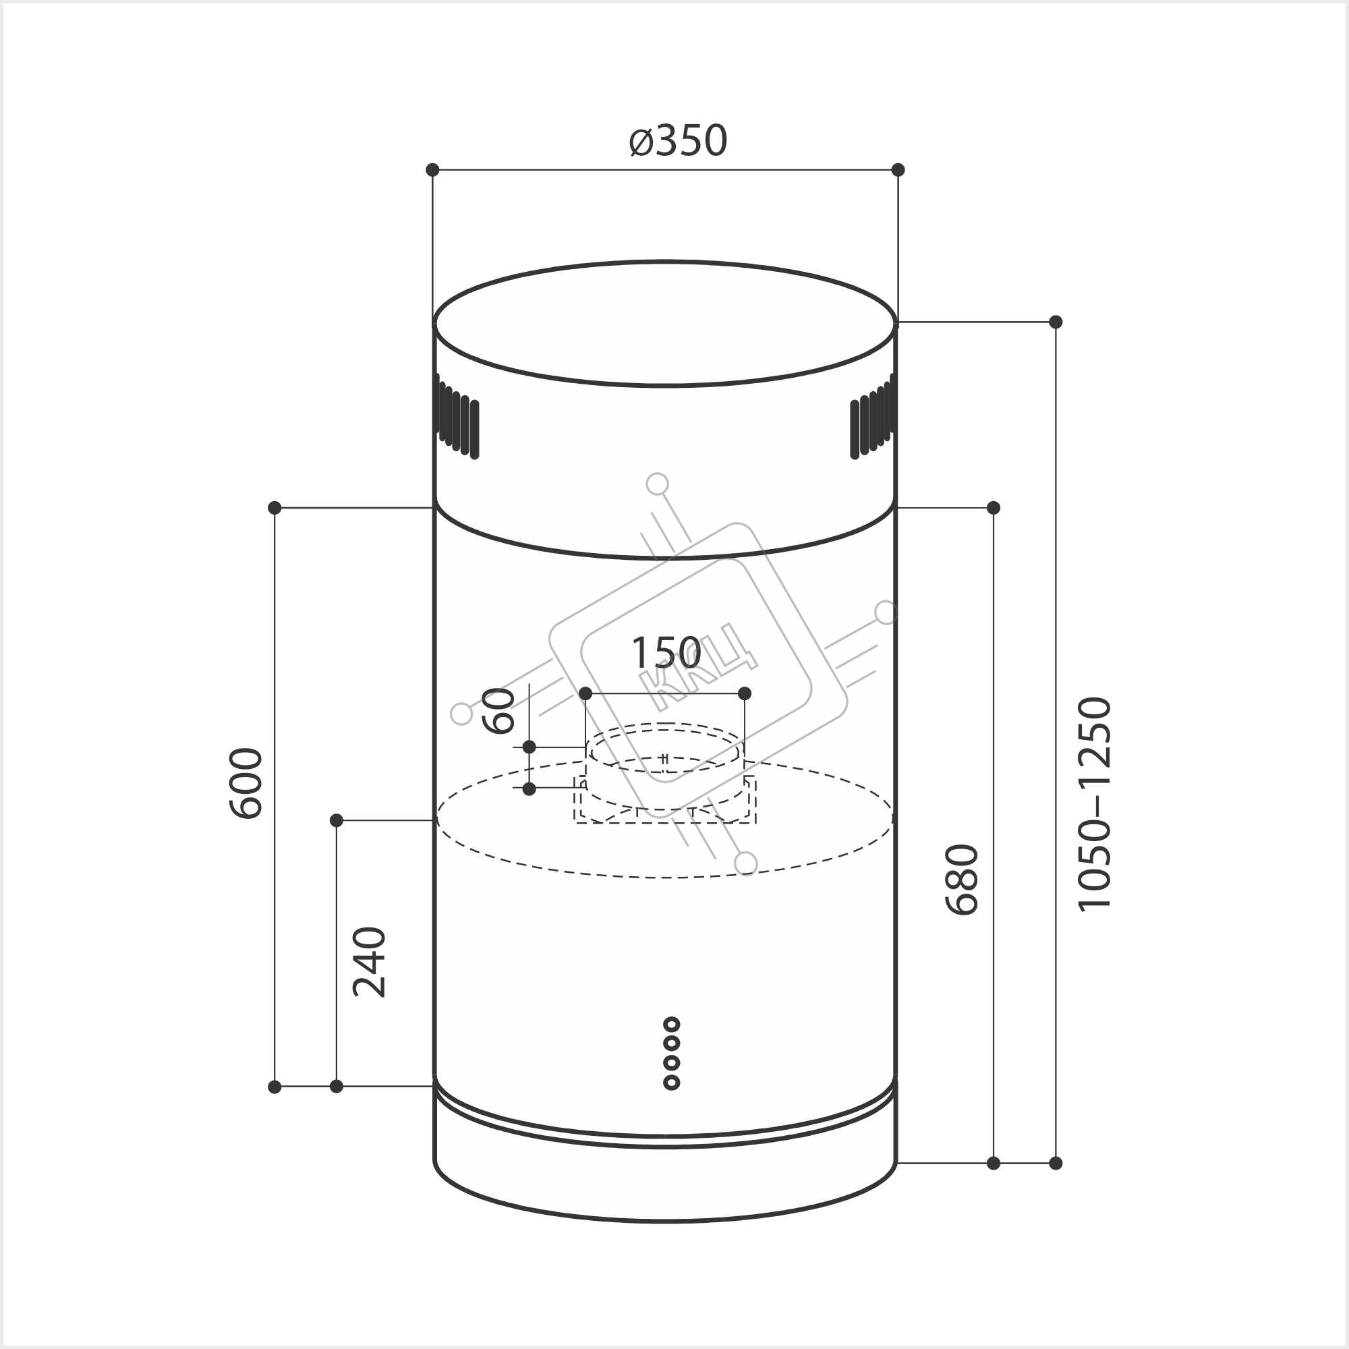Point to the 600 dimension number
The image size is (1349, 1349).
tap(246, 782)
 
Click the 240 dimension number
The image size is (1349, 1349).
tap(369, 961)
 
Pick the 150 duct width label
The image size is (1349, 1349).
tap(666, 653)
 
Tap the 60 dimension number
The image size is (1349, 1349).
tap(498, 711)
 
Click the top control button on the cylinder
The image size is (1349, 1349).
tap(672, 1025)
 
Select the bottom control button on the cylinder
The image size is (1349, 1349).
tap(672, 1083)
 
